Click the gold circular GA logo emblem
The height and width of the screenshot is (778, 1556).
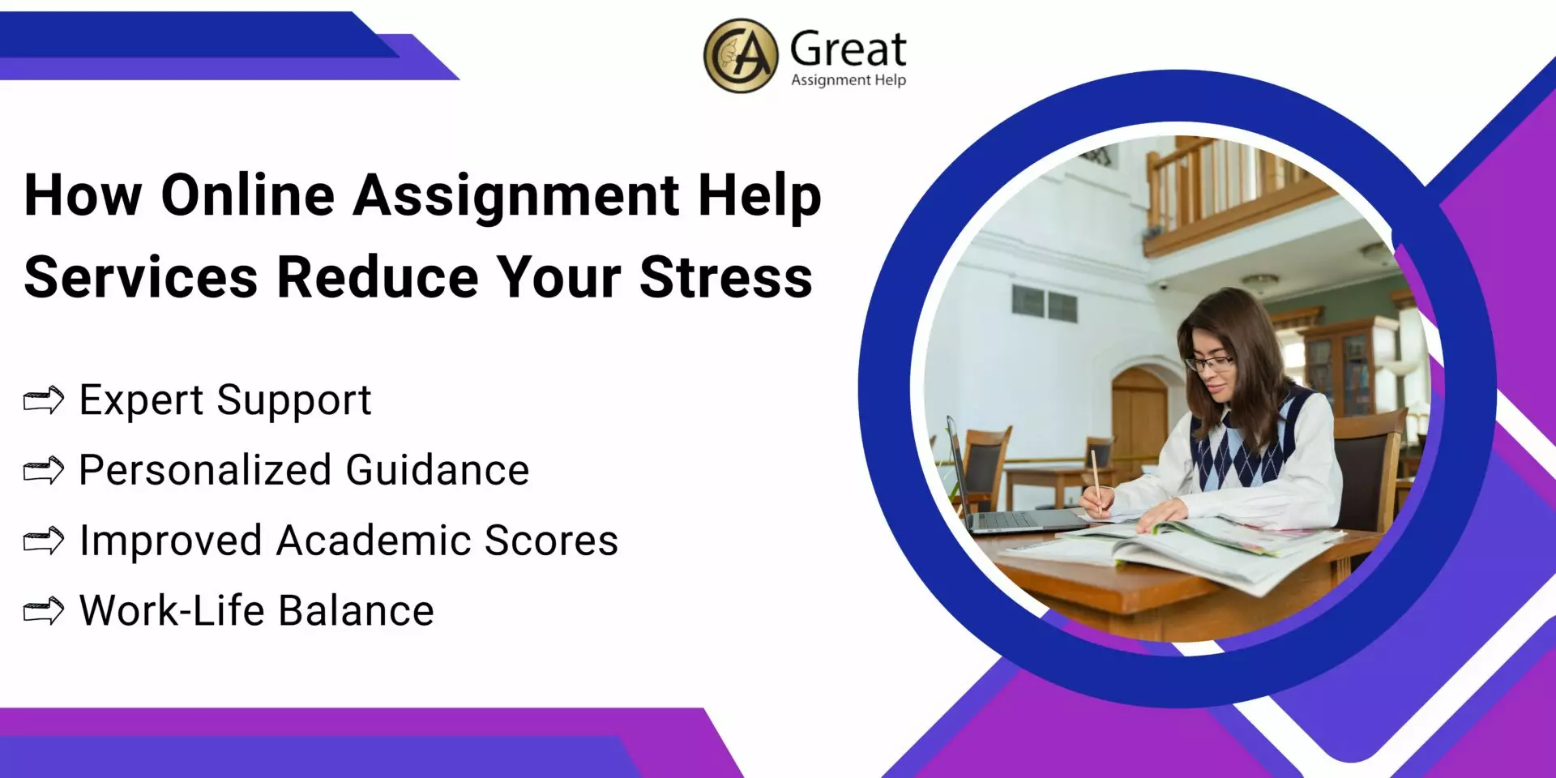point(740,56)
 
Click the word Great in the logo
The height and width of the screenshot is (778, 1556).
point(848,49)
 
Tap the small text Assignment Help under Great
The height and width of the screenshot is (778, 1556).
point(848,79)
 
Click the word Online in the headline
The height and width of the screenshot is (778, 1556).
point(248,195)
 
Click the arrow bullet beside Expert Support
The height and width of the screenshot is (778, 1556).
point(44,400)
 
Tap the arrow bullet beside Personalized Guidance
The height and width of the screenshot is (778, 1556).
point(44,470)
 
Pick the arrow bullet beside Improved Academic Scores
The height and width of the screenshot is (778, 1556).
point(44,541)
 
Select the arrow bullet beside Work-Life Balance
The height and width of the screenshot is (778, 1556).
point(44,611)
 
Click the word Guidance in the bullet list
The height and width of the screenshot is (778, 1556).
point(438,470)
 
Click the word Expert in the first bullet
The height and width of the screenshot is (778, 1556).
point(141,400)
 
